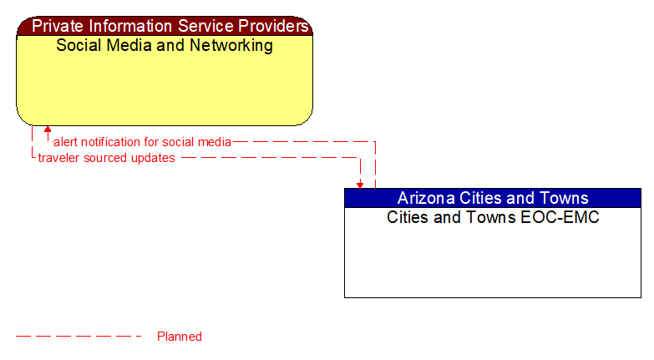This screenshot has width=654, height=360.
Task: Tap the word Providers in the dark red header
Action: point(271,26)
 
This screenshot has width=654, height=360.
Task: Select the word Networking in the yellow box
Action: point(230,45)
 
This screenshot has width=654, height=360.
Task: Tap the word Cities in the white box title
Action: point(408,217)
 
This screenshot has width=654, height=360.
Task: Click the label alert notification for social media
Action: point(142,142)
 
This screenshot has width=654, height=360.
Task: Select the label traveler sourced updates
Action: point(106,158)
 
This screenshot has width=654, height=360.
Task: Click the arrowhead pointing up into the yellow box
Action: point(48,130)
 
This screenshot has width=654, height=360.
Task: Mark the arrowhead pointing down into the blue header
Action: point(360,184)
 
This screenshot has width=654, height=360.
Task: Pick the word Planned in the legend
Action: point(180,337)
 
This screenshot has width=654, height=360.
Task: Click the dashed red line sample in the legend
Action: point(79,337)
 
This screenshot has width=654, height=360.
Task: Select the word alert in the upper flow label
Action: point(65,142)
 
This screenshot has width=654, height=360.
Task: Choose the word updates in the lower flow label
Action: point(155,158)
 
